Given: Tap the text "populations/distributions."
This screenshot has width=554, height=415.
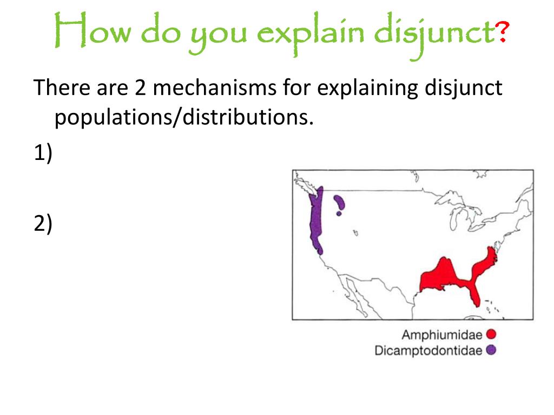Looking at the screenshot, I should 184,117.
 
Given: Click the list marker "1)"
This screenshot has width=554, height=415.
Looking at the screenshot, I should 43,154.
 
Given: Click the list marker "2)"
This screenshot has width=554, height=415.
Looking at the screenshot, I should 43,223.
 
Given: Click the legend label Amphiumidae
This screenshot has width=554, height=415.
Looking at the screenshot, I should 442,335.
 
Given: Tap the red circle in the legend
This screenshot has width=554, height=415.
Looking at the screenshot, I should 491,335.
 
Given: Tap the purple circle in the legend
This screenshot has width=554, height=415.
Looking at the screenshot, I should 491,350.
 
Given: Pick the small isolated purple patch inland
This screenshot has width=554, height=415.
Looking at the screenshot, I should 340,203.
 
